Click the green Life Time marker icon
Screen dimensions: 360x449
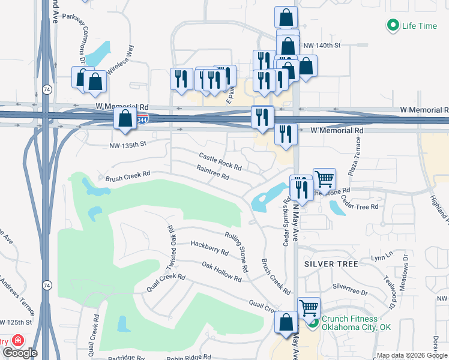[393, 26]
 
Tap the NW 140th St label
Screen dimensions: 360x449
[322, 45]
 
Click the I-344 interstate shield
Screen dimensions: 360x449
[142, 119]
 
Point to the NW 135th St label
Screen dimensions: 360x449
[128, 144]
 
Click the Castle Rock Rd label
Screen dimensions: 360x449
[220, 160]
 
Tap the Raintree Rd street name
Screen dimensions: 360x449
[213, 173]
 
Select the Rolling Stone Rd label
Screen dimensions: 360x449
[237, 252]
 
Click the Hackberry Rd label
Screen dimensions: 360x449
[209, 248]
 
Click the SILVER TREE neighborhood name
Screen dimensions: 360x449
[331, 264]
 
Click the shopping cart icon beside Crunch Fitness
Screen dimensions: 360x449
[309, 308]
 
